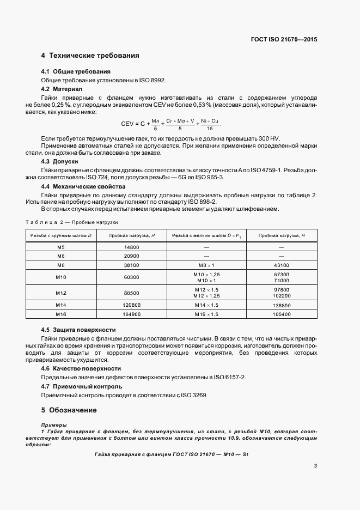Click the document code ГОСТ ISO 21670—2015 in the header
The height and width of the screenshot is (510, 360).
coord(283,40)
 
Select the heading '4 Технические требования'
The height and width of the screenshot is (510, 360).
coord(90,56)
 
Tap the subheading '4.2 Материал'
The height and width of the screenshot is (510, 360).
coord(62,88)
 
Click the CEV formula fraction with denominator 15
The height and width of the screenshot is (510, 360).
coord(210,124)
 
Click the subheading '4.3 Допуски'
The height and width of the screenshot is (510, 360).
coord(60,162)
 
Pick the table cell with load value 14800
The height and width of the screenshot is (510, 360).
coord(131,247)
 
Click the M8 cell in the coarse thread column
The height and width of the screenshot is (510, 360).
coord(61,265)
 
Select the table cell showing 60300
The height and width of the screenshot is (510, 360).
coord(131,277)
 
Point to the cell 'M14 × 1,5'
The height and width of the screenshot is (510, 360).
coord(206,306)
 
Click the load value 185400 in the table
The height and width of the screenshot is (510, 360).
coord(281,314)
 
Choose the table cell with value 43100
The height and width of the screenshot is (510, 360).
coord(281,265)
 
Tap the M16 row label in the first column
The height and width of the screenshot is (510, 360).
coord(61,314)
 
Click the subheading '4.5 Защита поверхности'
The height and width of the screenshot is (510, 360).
coord(78,330)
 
